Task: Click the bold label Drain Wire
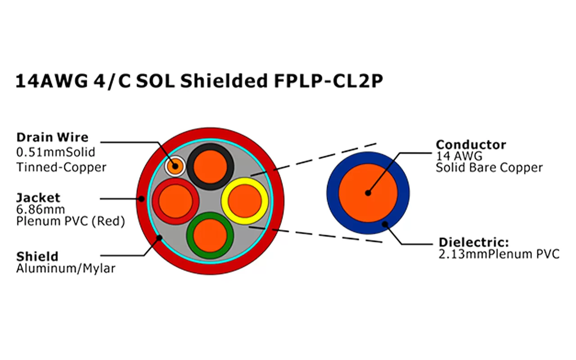click(52, 137)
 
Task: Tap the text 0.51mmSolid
click(56, 152)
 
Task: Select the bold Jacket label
click(38, 198)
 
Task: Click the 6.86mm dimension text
click(40, 209)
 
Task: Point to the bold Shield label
click(37, 257)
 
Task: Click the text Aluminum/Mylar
click(66, 269)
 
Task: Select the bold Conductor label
click(471, 145)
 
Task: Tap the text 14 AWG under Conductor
click(459, 157)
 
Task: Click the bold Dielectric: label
click(474, 243)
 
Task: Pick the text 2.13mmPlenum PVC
click(499, 254)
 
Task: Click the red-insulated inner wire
click(175, 201)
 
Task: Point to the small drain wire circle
click(175, 166)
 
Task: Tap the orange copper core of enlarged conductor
click(368, 193)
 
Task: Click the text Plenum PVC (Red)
click(70, 221)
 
